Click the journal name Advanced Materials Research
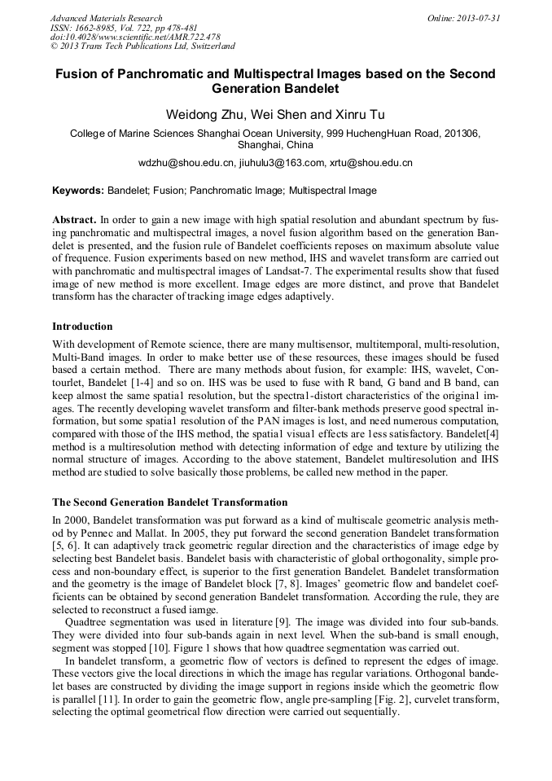(x=106, y=18)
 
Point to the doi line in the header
(x=135, y=37)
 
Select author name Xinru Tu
(x=360, y=114)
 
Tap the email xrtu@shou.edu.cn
(x=370, y=163)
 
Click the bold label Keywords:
(x=78, y=191)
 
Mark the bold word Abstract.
(x=73, y=220)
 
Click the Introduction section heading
(x=82, y=327)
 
